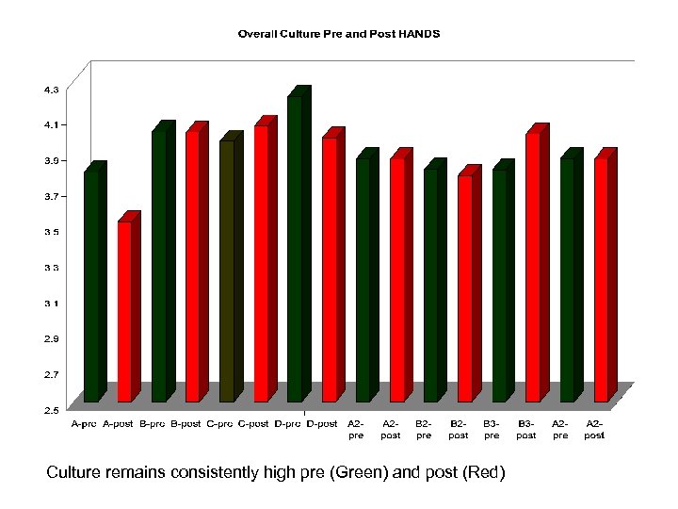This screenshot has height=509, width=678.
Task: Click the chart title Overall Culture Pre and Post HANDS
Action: pyautogui.click(x=338, y=34)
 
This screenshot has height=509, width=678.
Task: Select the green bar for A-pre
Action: pyautogui.click(x=91, y=283)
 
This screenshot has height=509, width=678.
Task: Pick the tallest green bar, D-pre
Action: pyautogui.click(x=295, y=245)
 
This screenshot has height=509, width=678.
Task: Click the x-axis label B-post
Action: pyautogui.click(x=185, y=424)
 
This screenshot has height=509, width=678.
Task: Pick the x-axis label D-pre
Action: pyautogui.click(x=287, y=424)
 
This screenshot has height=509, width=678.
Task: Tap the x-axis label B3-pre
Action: pyautogui.click(x=492, y=430)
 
